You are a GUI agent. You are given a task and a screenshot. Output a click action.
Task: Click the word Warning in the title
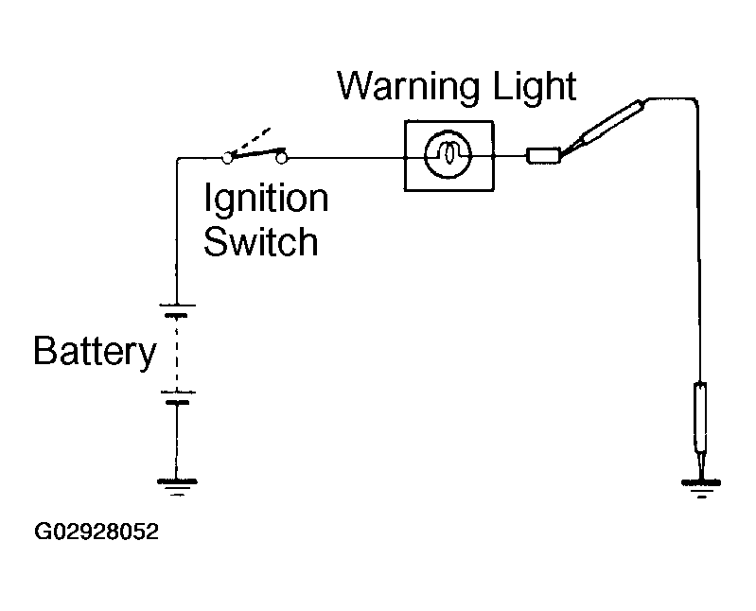[409, 87]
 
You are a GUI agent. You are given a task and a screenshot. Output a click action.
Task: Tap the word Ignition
[266, 197]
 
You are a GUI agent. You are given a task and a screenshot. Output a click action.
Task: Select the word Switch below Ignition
[261, 241]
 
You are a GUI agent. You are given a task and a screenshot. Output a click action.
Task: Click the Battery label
[95, 351]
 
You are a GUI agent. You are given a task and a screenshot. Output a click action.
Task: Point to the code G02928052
[97, 532]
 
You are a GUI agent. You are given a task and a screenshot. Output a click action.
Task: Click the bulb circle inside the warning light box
[448, 155]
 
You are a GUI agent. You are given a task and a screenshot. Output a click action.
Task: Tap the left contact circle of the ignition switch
[227, 158]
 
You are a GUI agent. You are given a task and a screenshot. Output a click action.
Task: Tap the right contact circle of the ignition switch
[282, 158]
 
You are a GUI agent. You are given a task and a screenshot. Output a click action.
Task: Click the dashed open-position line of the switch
[250, 141]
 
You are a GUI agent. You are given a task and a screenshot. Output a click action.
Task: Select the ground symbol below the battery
[177, 486]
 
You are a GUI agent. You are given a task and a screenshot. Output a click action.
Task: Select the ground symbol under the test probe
[701, 488]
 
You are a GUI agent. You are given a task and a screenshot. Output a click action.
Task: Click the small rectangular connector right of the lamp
[543, 156]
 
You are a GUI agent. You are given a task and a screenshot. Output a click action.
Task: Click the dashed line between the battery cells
[177, 354]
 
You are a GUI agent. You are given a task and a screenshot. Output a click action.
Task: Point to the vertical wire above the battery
[177, 232]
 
